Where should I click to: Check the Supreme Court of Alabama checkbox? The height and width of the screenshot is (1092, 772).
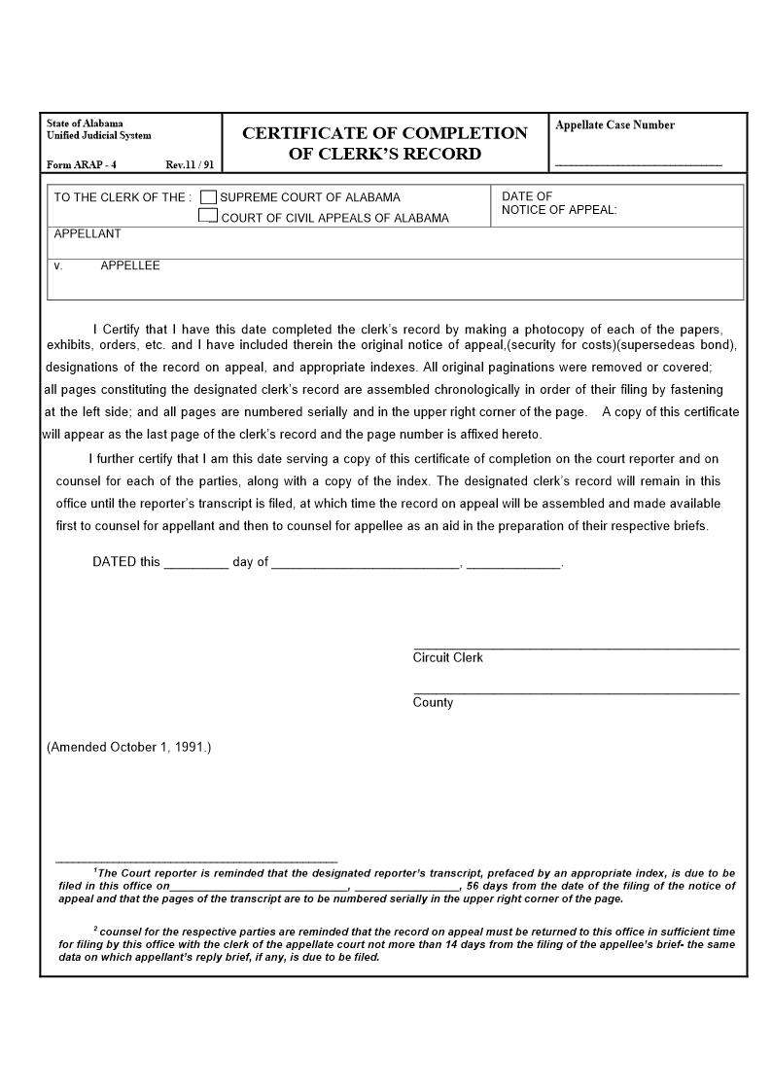point(208,197)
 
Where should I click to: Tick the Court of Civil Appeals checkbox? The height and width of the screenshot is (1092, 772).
point(208,216)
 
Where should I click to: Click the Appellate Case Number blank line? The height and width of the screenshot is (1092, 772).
point(638,163)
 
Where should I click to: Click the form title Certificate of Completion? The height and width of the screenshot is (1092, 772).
point(384,133)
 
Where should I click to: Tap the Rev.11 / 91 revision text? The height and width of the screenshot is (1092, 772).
point(190,165)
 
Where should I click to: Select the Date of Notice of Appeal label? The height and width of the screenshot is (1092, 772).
point(558,203)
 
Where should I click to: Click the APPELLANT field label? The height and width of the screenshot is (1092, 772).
point(88,234)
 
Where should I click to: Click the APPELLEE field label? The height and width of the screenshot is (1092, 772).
point(130,265)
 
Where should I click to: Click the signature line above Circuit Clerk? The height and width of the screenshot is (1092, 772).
point(576,647)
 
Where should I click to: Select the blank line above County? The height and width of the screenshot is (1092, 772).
point(576,692)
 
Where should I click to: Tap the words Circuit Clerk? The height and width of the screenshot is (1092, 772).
point(447,658)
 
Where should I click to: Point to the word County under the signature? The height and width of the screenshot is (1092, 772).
point(433,703)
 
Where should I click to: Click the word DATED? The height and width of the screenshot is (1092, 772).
point(114,562)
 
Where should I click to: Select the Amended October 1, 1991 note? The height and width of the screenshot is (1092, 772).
point(129,747)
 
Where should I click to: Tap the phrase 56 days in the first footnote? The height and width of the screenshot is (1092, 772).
point(487,886)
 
